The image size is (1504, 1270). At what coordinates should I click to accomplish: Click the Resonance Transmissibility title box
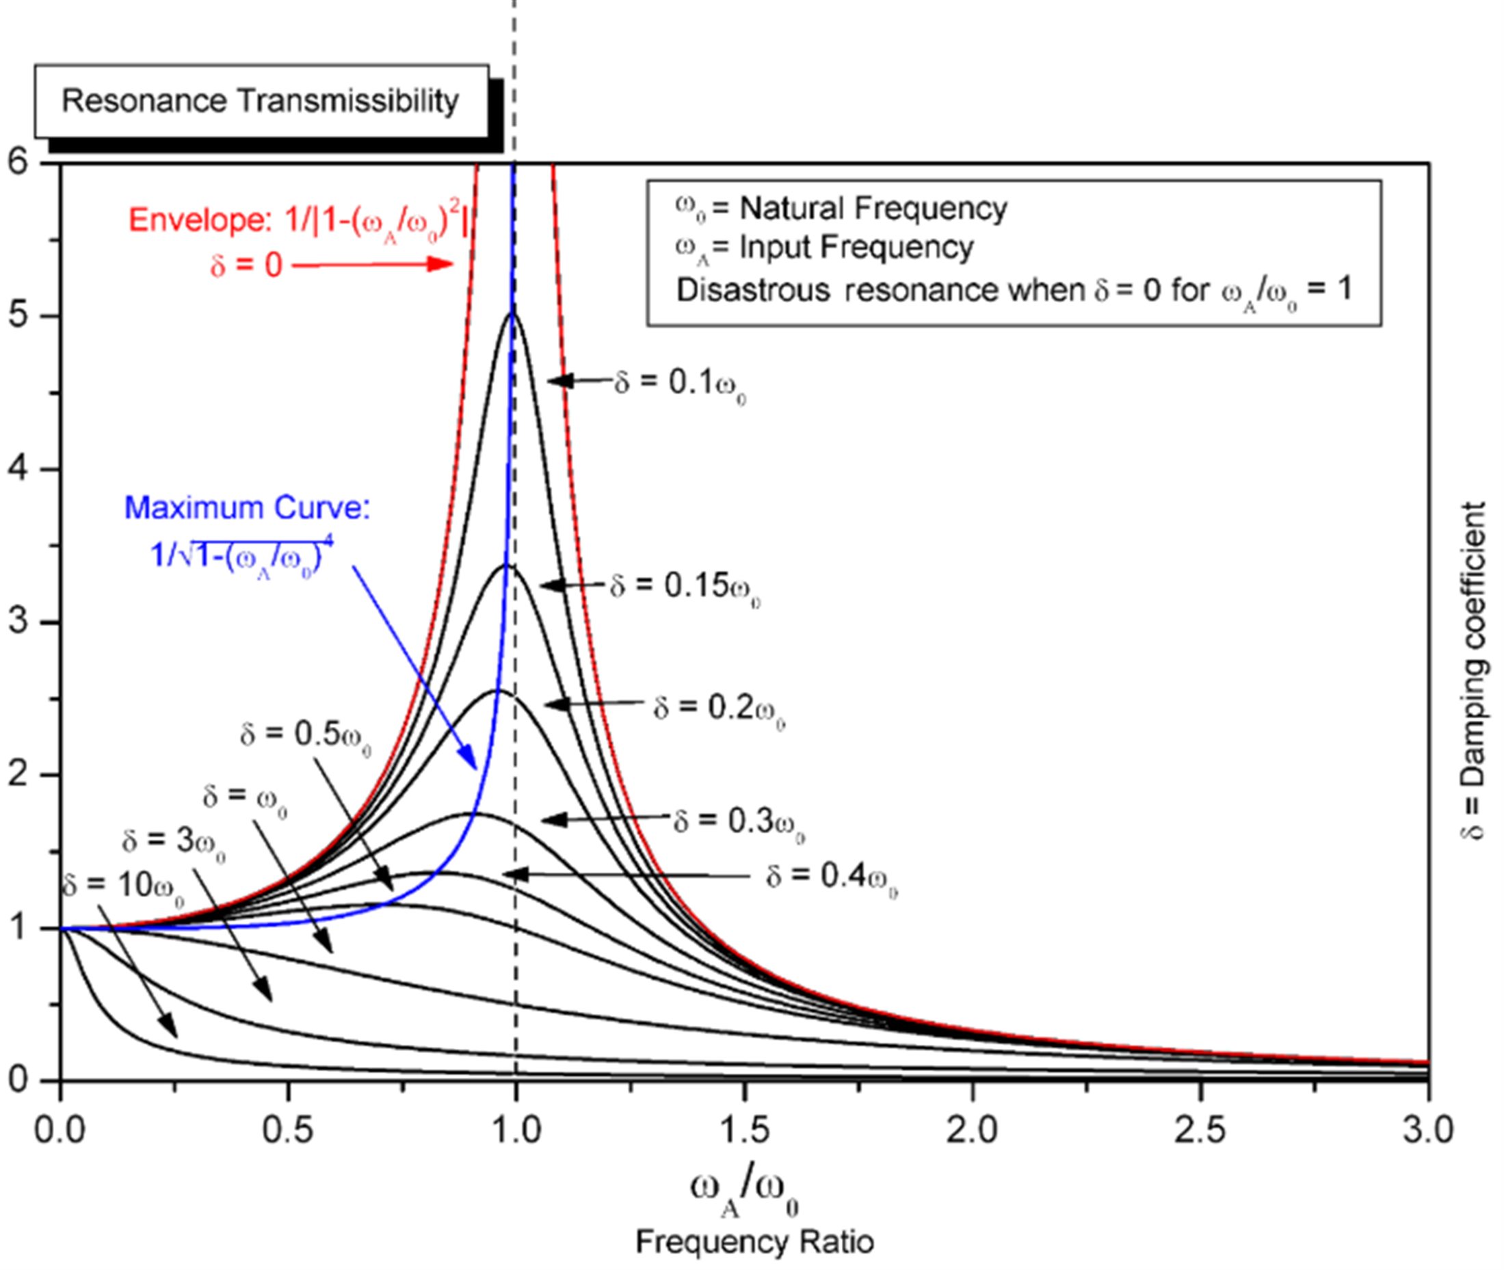(262, 101)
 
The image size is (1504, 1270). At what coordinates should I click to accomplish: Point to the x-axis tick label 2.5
(1200, 1130)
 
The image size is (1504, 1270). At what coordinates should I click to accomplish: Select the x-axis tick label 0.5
(287, 1130)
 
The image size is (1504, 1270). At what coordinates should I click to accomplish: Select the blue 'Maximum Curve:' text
(247, 508)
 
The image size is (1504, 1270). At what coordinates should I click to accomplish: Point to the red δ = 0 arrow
(373, 264)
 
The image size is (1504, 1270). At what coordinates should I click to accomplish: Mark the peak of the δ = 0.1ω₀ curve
(512, 312)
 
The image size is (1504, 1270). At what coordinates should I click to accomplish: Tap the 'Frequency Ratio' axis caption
(754, 1242)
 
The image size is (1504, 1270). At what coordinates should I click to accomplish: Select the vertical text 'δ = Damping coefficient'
(1474, 670)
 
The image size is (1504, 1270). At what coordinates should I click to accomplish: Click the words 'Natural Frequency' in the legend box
(873, 209)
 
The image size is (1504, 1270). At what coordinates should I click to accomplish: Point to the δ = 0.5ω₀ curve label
(306, 736)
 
